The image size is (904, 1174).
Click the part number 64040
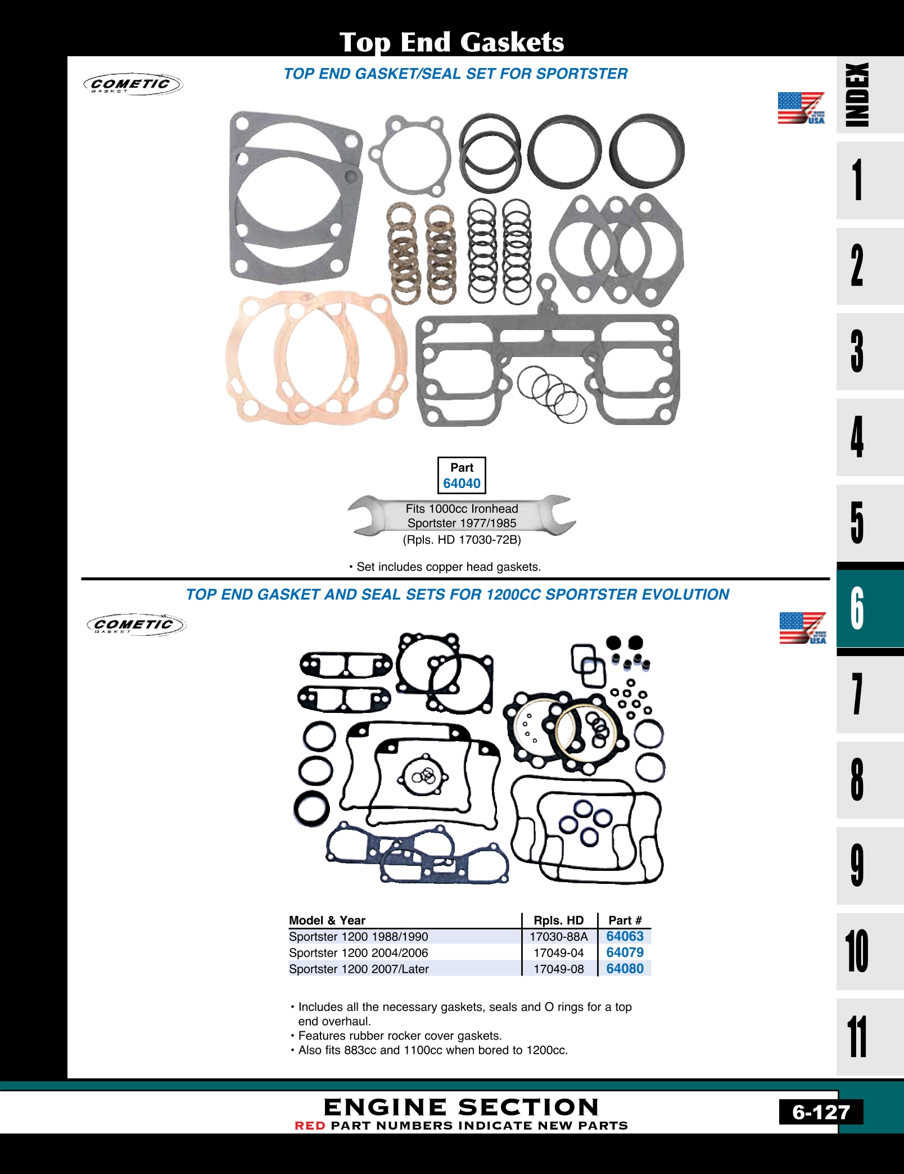[462, 484]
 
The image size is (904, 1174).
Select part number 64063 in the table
[625, 936]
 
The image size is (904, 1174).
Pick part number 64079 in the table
[625, 952]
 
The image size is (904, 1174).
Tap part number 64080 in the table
[625, 968]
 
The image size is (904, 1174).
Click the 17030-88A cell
[558, 937]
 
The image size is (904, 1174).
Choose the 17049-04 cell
[558, 953]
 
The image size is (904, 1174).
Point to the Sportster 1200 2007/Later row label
[359, 969]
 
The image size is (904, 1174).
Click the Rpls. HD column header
[558, 920]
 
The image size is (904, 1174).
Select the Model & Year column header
[327, 920]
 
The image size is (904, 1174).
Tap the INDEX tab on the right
[857, 94]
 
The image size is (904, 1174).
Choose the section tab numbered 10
[857, 951]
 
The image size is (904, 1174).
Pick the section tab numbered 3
[857, 351]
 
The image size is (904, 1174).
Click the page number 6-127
[821, 1112]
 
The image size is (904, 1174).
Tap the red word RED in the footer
[310, 1126]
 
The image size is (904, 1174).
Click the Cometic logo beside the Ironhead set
[133, 84]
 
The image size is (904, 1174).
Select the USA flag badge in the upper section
[801, 108]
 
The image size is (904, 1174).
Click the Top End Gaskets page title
[451, 42]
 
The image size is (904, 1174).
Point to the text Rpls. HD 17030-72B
[462, 540]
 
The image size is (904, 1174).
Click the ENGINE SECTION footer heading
[461, 1107]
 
